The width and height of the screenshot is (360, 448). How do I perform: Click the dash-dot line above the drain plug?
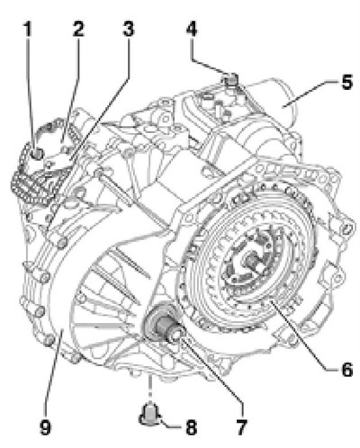point(148,389)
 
